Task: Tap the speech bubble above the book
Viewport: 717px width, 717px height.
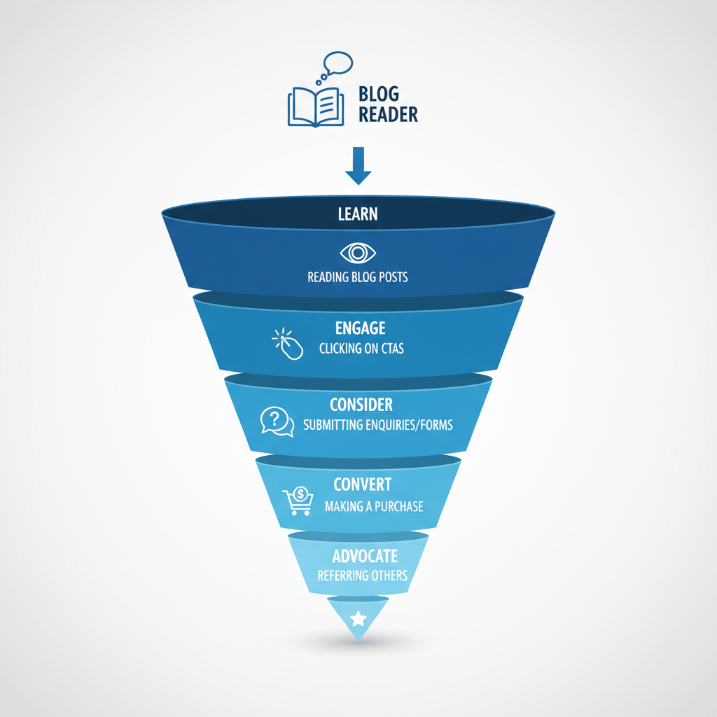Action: [337, 64]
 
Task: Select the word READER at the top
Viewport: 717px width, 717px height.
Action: [388, 115]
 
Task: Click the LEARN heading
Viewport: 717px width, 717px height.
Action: [358, 214]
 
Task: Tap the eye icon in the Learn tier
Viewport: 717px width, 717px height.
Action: [358, 252]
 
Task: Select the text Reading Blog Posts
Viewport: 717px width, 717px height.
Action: [358, 277]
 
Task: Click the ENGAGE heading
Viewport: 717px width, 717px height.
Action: [361, 328]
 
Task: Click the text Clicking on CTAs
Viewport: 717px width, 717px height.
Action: [361, 348]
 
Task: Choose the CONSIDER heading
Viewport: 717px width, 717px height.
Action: [361, 405]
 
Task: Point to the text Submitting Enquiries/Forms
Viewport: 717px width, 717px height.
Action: [378, 425]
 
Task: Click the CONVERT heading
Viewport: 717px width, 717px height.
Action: [362, 485]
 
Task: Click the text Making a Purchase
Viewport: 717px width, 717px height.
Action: [374, 506]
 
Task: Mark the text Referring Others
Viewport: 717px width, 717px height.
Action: [362, 576]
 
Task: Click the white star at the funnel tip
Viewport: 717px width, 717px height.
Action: [358, 618]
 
